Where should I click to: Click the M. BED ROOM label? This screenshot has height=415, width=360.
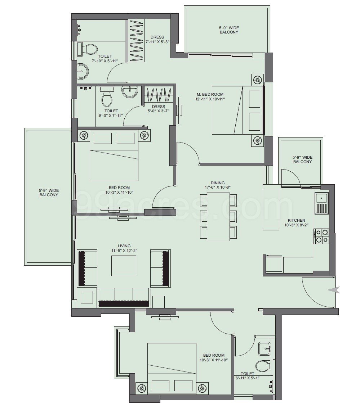click(x=210, y=94)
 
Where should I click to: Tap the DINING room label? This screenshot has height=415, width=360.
click(x=218, y=182)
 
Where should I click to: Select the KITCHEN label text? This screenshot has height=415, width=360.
click(x=297, y=220)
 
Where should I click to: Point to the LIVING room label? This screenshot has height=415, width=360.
click(x=124, y=246)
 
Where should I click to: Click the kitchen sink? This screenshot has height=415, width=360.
click(x=321, y=203)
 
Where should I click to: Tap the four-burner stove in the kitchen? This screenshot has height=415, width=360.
click(x=321, y=236)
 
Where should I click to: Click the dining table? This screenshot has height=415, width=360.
click(x=218, y=217)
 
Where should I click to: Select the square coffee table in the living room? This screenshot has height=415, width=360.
click(x=124, y=266)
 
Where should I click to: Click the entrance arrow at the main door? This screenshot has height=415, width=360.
click(x=333, y=290)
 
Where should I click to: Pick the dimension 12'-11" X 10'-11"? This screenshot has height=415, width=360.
click(x=210, y=99)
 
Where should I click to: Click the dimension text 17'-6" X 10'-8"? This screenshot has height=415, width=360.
click(x=218, y=188)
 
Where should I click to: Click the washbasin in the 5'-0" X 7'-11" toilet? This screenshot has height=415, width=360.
click(x=129, y=91)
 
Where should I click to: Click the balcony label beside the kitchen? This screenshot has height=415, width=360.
click(x=302, y=159)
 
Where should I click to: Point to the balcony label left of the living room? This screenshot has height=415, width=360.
click(x=49, y=193)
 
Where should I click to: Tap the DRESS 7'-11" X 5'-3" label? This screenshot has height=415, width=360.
click(x=157, y=40)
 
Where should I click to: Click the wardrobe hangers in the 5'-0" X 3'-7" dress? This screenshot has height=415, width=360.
click(x=159, y=95)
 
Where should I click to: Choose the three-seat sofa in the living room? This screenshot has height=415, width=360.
click(x=124, y=297)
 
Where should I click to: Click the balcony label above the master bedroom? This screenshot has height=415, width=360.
click(x=229, y=30)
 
